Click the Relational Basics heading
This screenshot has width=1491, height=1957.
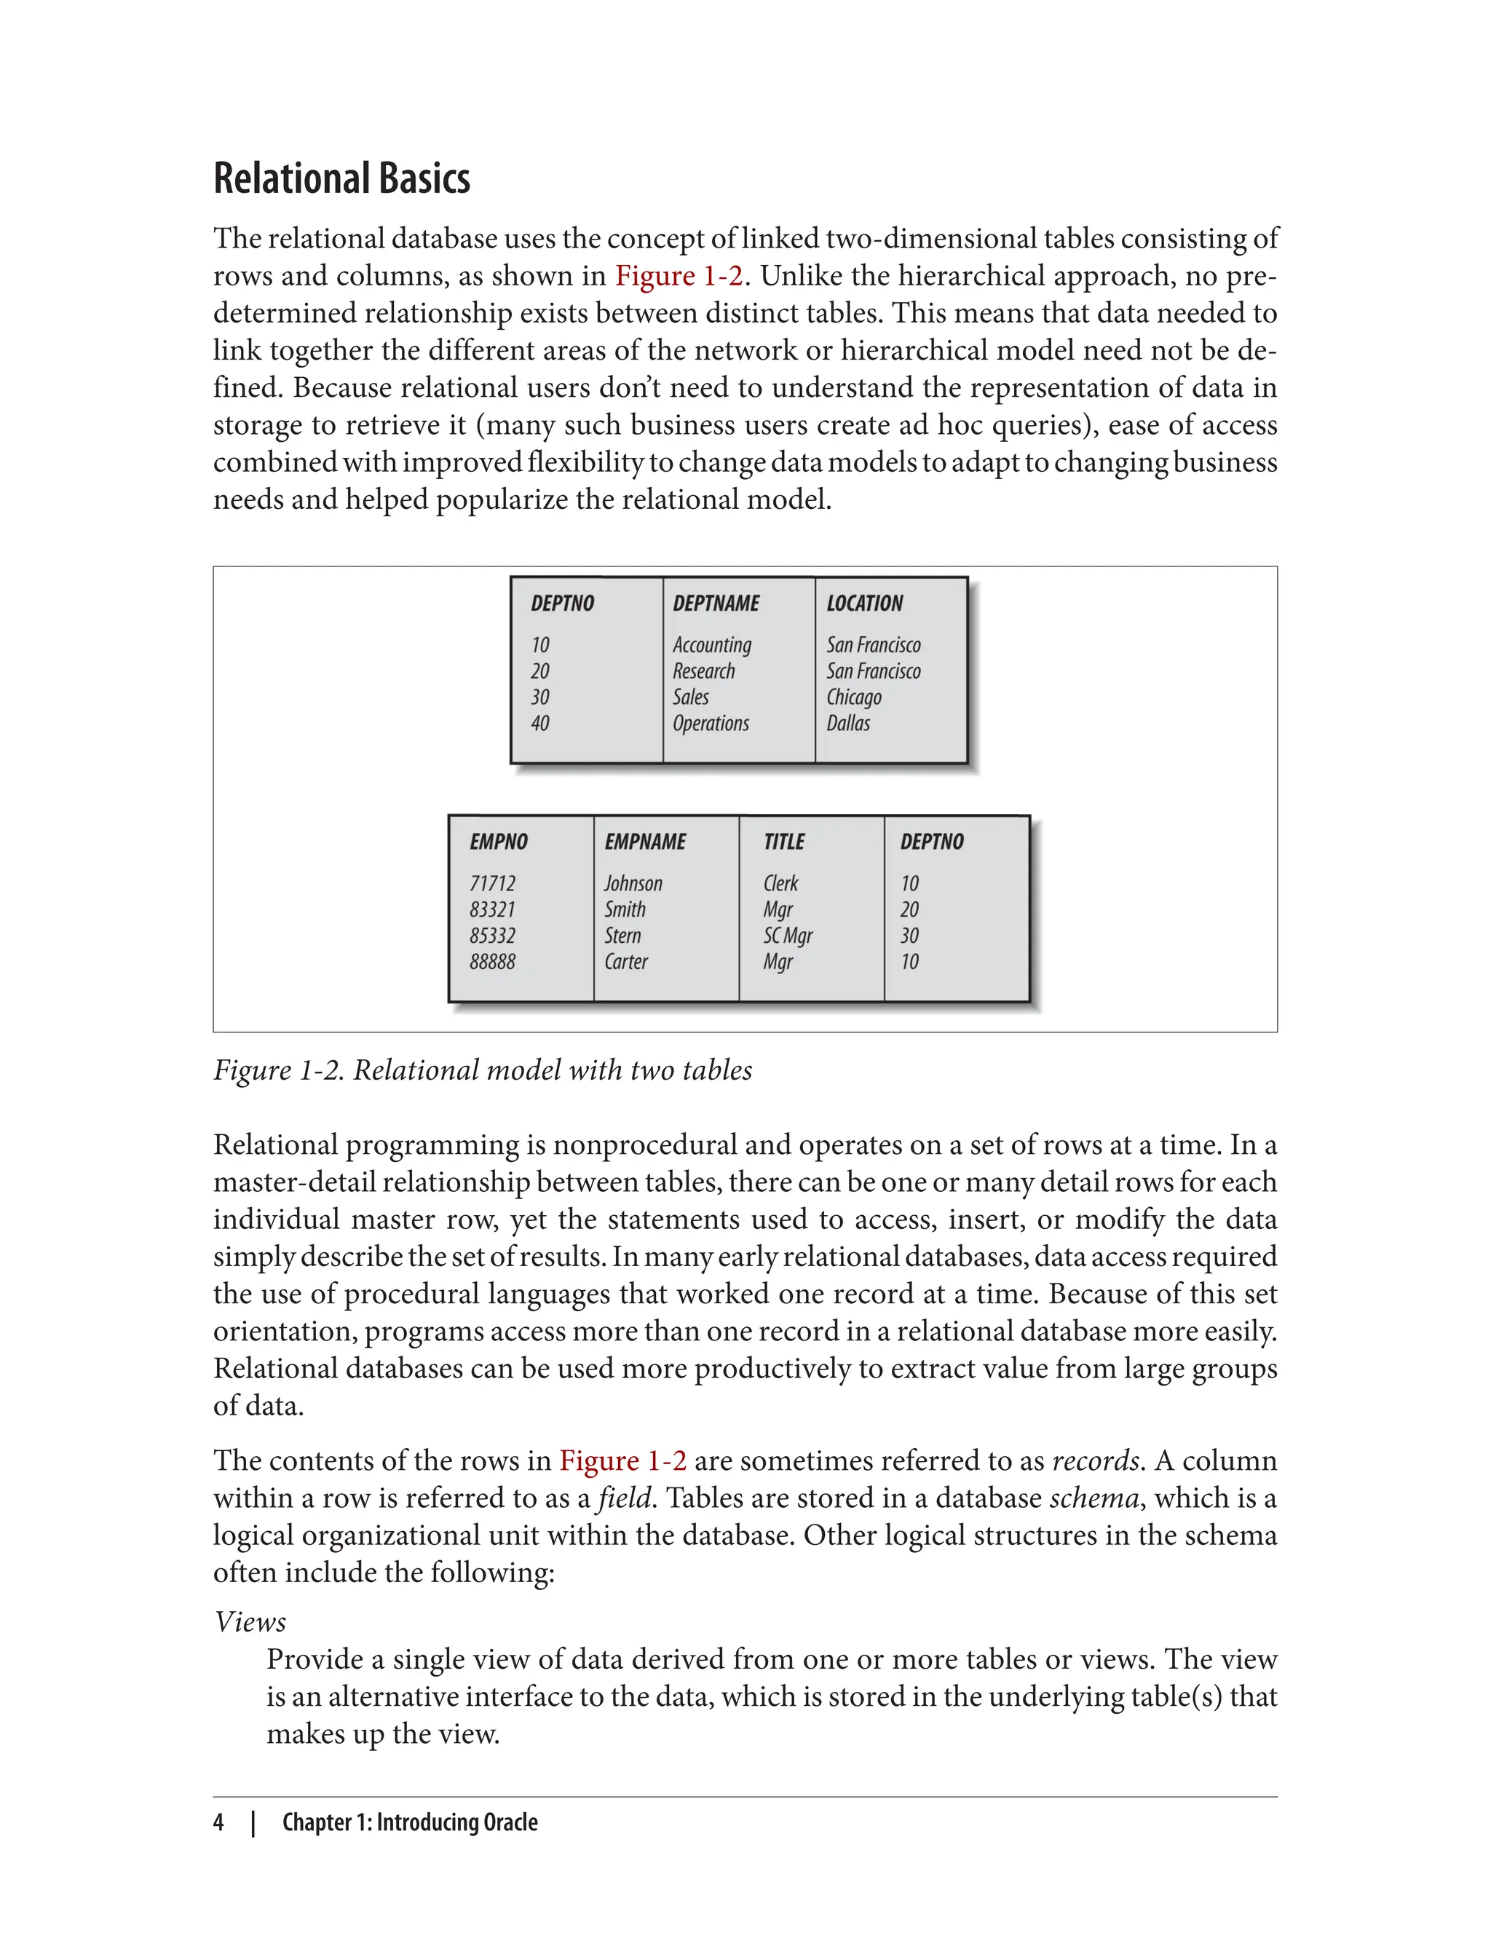coord(341,178)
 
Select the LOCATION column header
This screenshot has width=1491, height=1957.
coord(864,604)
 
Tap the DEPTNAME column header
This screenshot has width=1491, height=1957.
coord(716,604)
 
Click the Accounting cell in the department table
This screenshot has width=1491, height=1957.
coord(712,645)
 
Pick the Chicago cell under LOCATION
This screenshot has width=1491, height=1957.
coord(854,697)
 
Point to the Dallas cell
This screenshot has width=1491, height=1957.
coord(847,724)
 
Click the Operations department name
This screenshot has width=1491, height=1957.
coord(710,724)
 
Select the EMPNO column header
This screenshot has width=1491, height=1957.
coord(499,842)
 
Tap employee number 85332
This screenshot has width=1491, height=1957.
coord(493,936)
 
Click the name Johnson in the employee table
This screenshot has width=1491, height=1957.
coord(633,884)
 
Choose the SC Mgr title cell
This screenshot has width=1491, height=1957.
coord(787,936)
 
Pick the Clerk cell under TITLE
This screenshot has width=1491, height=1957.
coord(780,884)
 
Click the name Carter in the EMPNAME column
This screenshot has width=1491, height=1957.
coord(625,961)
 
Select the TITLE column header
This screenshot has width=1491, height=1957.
coord(783,842)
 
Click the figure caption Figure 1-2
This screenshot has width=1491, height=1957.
coord(483,1070)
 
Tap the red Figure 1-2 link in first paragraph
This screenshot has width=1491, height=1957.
coord(679,276)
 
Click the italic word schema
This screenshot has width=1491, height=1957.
coord(1093,1498)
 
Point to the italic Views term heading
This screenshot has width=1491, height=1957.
coord(250,1621)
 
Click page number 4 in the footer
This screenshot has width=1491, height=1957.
coord(218,1822)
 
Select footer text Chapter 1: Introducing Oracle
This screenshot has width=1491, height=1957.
coord(410,1822)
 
